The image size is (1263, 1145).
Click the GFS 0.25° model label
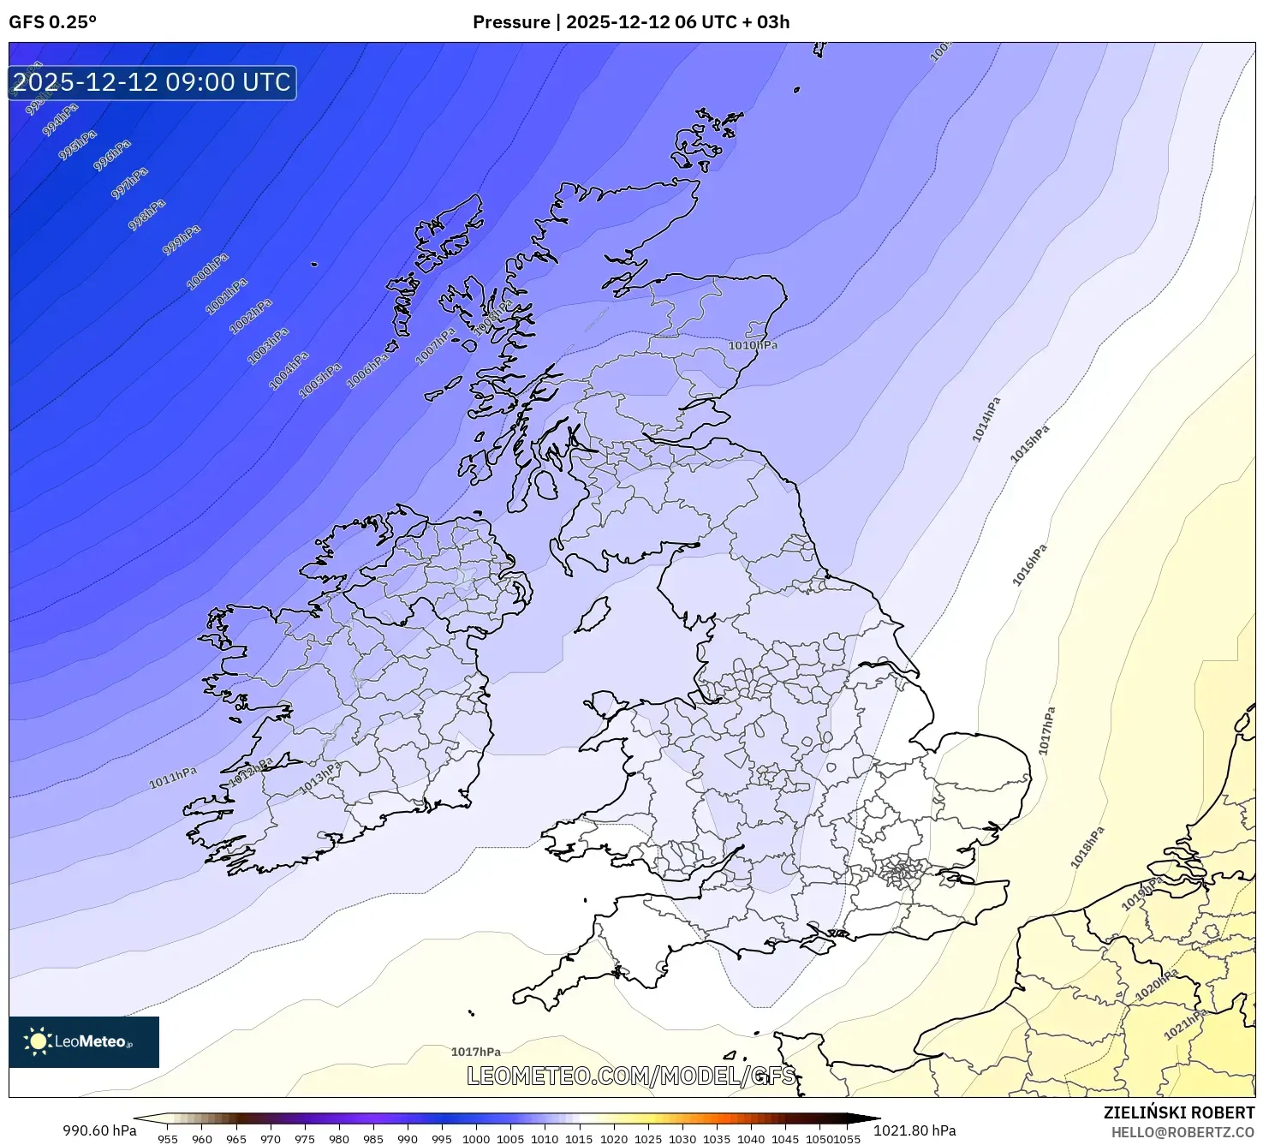pyautogui.click(x=52, y=22)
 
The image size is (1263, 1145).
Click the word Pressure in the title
pyautogui.click(x=511, y=22)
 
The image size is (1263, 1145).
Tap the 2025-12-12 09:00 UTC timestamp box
pyautogui.click(x=152, y=82)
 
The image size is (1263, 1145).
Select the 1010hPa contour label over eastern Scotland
pyautogui.click(x=753, y=345)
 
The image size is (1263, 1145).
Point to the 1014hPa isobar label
pyautogui.click(x=986, y=420)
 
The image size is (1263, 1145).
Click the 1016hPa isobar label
pyautogui.click(x=1029, y=565)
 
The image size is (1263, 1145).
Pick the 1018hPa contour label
pyautogui.click(x=1087, y=847)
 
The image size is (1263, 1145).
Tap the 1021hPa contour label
pyautogui.click(x=1185, y=1024)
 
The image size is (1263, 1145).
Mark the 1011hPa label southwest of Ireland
pyautogui.click(x=173, y=777)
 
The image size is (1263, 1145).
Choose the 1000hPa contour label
pyautogui.click(x=208, y=271)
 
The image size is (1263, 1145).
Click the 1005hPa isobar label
pyautogui.click(x=320, y=379)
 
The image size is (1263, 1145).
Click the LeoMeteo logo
pyautogui.click(x=84, y=1041)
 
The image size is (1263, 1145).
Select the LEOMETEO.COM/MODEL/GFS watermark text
pyautogui.click(x=631, y=1076)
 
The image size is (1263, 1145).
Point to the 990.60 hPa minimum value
pyautogui.click(x=99, y=1130)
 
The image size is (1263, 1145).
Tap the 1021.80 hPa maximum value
pyautogui.click(x=914, y=1130)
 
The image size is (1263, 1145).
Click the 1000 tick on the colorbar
pyautogui.click(x=476, y=1139)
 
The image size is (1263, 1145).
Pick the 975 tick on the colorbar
pyautogui.click(x=305, y=1139)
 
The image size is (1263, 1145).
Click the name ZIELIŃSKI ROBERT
pyautogui.click(x=1178, y=1112)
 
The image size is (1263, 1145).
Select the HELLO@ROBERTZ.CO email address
pyautogui.click(x=1183, y=1132)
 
